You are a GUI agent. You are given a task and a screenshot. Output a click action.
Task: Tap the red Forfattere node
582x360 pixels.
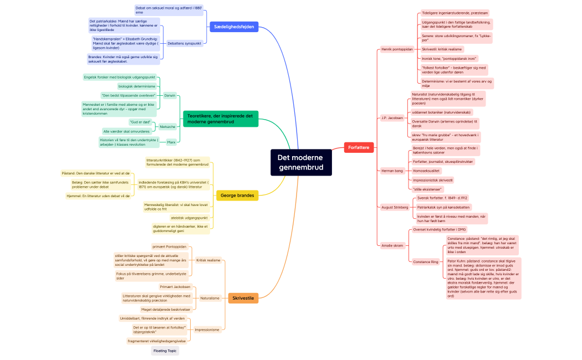point(359,147)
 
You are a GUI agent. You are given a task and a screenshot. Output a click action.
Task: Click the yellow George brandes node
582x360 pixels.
point(237,196)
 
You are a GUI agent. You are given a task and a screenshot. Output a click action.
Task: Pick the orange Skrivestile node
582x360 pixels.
point(243,298)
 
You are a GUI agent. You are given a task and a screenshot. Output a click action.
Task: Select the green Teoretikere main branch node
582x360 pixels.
point(221,119)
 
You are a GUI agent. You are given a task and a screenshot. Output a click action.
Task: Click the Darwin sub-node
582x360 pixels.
point(170,95)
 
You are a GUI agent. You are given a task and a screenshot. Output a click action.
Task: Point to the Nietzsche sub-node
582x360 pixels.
point(167,127)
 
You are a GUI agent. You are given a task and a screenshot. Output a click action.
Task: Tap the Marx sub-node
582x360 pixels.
point(171,142)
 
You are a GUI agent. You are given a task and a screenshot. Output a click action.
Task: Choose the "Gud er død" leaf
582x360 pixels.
point(140,121)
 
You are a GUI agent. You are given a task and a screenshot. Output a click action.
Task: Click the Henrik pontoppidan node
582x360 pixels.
point(397,49)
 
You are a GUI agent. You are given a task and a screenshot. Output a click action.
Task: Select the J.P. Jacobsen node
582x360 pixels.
point(392,118)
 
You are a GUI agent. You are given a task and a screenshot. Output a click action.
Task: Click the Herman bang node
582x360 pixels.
point(392,171)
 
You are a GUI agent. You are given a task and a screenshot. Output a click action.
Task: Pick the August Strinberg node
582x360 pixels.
point(395,207)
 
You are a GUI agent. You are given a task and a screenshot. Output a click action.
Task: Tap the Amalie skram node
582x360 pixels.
point(392,245)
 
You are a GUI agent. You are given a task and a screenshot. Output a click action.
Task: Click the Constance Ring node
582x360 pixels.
point(426,261)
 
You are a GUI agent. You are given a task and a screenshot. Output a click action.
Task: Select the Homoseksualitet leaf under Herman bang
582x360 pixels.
point(426,171)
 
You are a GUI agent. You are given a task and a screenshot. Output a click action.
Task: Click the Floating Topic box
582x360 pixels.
point(165,351)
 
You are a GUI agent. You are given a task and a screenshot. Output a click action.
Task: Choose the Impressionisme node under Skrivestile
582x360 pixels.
point(207,330)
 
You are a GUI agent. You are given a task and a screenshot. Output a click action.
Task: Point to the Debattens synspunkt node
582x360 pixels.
point(184,43)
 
